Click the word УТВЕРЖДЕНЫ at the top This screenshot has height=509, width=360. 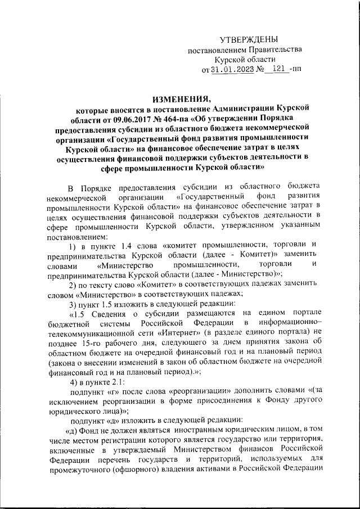tap(247, 39)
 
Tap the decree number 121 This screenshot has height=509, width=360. tap(276, 70)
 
